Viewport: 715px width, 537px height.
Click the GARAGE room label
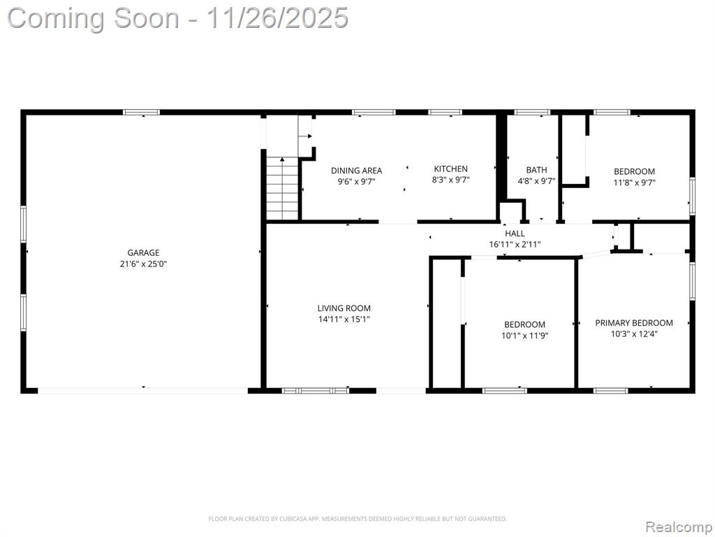click(143, 252)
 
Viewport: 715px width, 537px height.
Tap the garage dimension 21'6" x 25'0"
click(143, 264)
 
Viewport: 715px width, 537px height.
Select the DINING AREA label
click(357, 171)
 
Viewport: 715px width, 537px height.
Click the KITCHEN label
click(450, 169)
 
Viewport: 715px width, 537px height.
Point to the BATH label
click(536, 170)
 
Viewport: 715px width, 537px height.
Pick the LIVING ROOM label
click(344, 308)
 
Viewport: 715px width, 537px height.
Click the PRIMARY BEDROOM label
click(634, 323)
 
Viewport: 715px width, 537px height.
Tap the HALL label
click(515, 234)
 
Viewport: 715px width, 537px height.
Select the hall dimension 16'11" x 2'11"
click(515, 244)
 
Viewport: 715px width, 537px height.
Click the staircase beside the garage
click(282, 188)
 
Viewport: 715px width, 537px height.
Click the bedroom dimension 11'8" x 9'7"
click(634, 182)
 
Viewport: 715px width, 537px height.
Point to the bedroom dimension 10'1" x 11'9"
click(524, 336)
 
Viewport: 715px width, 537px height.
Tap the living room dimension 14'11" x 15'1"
click(344, 319)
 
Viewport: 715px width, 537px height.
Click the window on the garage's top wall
click(142, 112)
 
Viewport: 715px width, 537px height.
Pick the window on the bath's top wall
click(532, 112)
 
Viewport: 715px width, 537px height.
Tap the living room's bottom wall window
click(316, 390)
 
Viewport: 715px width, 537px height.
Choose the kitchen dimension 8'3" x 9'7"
click(450, 180)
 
